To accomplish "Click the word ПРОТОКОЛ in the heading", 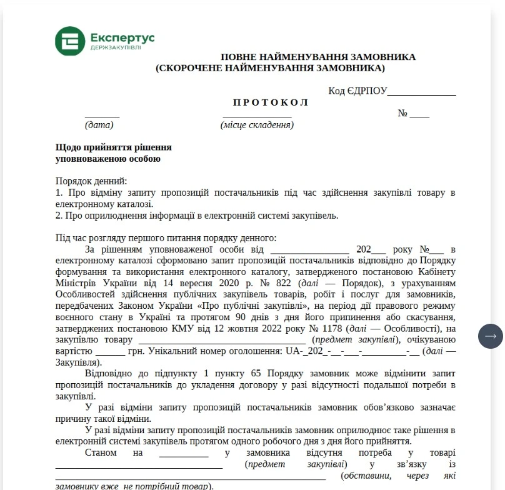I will click(x=271, y=102).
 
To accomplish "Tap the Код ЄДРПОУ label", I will click(x=357, y=91).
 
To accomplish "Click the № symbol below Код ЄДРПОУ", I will click(x=403, y=114).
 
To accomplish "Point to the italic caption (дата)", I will click(x=99, y=125).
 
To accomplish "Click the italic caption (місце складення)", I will click(x=257, y=125).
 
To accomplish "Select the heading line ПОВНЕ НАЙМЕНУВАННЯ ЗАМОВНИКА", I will click(x=317, y=57).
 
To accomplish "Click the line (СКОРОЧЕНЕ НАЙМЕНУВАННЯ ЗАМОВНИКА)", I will click(x=271, y=68).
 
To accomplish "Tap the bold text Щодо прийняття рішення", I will click(x=113, y=147).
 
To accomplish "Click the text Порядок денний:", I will click(x=91, y=181).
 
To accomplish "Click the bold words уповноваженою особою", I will click(x=107, y=159).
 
